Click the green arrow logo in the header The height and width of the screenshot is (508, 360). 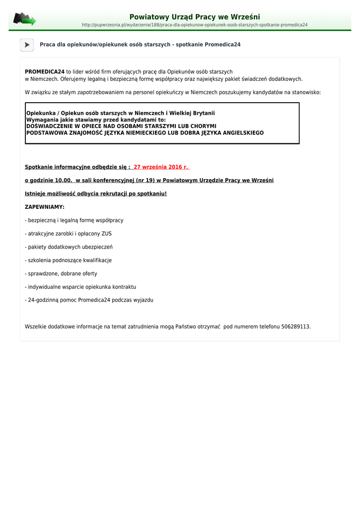(24, 19)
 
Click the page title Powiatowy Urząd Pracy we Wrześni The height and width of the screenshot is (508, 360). (195, 17)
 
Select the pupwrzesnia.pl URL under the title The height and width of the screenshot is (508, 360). (195, 25)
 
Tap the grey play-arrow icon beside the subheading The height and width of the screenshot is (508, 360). (27, 45)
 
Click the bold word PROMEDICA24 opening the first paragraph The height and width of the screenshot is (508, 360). (45, 72)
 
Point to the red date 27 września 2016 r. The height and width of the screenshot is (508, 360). (161, 167)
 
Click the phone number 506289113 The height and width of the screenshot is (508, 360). (295, 326)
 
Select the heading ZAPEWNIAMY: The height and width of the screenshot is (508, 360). (45, 207)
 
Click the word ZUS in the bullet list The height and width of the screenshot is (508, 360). (107, 234)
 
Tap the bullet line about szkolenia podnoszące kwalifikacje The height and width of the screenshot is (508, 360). (68, 260)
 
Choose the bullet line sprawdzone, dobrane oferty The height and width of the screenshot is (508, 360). (61, 274)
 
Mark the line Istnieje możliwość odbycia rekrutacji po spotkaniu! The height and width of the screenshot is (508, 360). (96, 193)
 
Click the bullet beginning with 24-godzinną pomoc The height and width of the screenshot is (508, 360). (89, 300)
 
